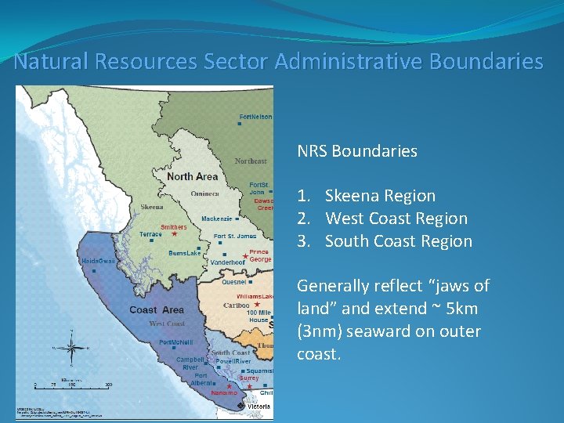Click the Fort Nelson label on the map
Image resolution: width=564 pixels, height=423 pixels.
(x=256, y=117)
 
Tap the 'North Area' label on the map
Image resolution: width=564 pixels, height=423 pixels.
(x=192, y=176)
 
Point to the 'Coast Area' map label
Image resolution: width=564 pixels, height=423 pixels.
(x=157, y=309)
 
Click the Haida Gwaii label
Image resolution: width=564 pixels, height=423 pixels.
(x=96, y=260)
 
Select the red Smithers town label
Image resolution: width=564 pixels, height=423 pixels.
(x=174, y=227)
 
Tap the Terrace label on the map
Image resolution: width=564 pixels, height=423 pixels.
(x=150, y=234)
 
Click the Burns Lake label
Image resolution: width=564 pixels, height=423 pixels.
(x=185, y=253)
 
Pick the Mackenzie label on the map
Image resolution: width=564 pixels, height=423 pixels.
(x=217, y=219)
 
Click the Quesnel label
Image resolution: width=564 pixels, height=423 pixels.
(x=234, y=281)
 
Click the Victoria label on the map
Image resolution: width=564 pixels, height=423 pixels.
(x=260, y=407)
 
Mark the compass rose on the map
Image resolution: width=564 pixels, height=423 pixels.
(x=72, y=349)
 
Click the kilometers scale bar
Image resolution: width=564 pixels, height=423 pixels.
(x=72, y=383)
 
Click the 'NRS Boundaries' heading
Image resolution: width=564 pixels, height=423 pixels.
(x=356, y=151)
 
